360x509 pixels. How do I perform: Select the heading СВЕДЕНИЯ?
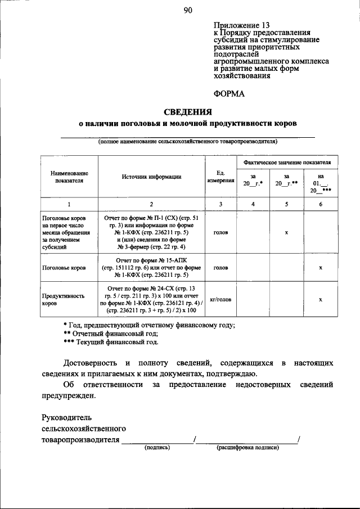point(187,111)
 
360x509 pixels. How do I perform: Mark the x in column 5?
point(286,232)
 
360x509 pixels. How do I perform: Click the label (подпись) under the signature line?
point(157,448)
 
